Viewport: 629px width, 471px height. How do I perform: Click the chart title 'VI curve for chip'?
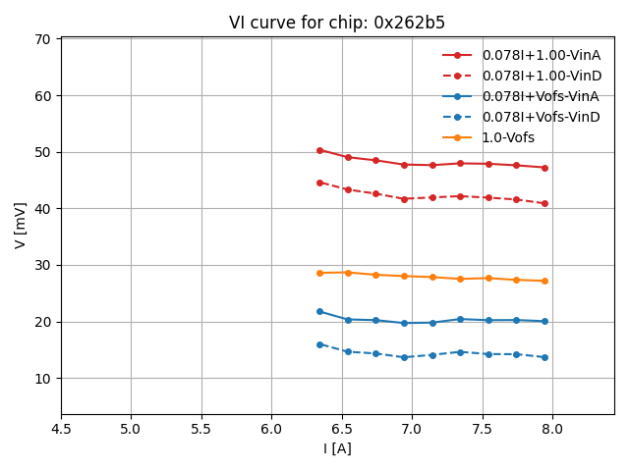click(336, 23)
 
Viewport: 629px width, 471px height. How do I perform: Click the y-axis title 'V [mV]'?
click(21, 225)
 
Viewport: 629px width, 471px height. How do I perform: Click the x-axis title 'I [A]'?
click(337, 448)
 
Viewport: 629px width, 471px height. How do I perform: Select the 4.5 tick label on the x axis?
click(61, 430)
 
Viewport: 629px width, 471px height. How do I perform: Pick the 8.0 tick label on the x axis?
click(552, 430)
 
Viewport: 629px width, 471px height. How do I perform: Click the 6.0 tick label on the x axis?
click(271, 430)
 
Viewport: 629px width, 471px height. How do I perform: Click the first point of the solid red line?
click(319, 150)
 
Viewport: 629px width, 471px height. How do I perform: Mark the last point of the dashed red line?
click(544, 203)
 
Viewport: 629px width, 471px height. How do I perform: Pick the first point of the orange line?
click(319, 273)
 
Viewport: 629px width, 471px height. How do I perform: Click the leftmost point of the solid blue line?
click(319, 311)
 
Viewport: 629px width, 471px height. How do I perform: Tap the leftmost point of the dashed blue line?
click(319, 344)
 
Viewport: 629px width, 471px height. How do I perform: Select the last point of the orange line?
click(544, 281)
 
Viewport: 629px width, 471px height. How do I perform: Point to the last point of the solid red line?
click(544, 168)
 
